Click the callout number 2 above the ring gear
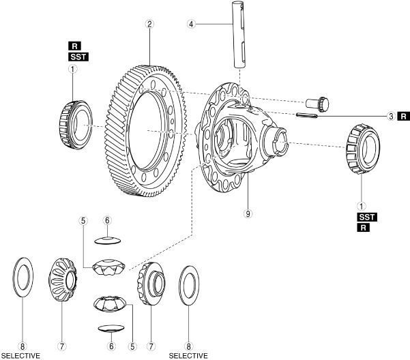point(149,23)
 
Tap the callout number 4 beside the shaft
point(192,24)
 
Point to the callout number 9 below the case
point(248,213)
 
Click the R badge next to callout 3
point(404,117)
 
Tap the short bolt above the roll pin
point(318,104)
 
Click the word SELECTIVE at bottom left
point(20,355)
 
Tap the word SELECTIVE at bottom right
point(188,355)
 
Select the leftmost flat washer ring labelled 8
point(22,279)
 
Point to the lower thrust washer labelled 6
point(111,329)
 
